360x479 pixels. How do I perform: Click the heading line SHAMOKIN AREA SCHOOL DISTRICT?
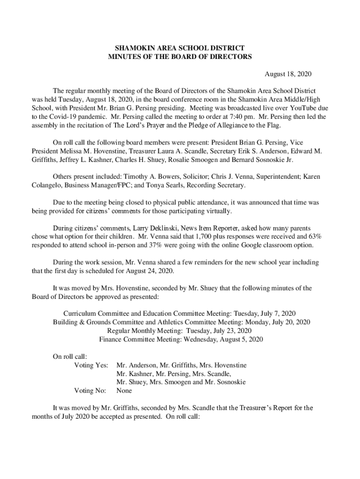[x=180, y=48]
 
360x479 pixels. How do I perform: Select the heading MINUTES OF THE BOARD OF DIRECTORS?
[x=180, y=57]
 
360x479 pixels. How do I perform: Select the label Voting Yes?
[x=92, y=365]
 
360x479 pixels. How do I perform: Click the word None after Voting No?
[x=124, y=391]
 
